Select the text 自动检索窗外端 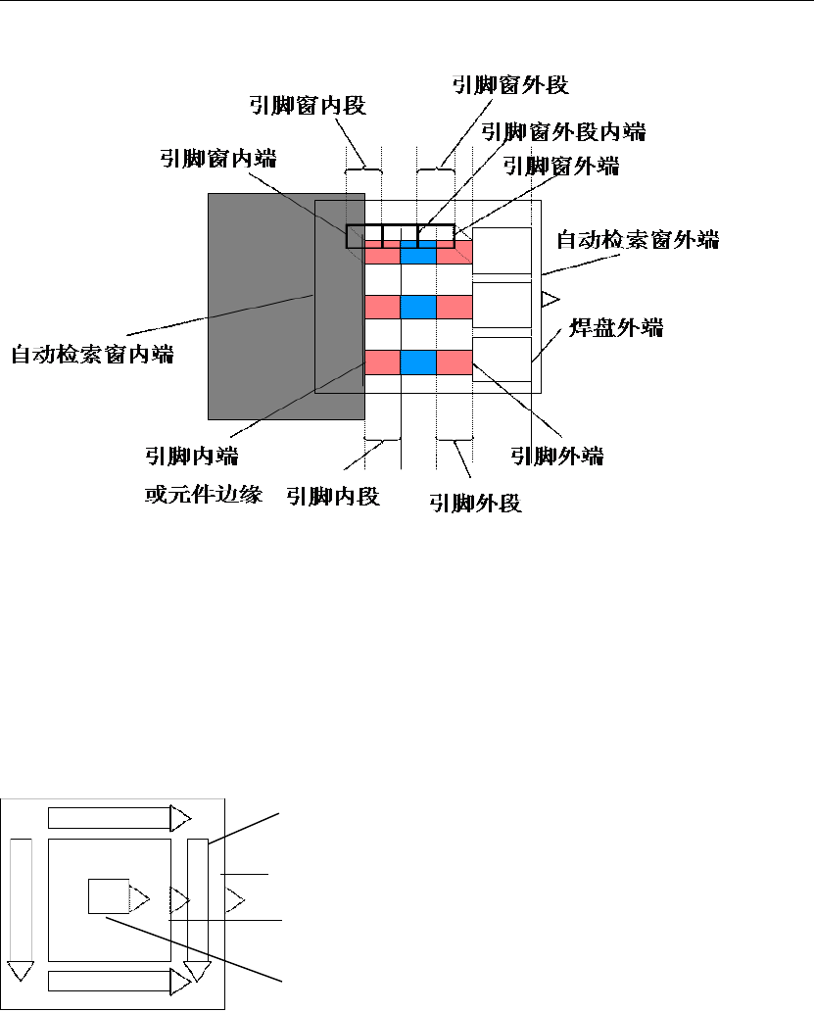pos(637,238)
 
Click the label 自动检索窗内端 pos(92,355)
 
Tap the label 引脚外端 pos(556,456)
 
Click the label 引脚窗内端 pos(218,159)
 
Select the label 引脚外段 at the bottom pos(475,504)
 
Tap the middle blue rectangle pos(418,307)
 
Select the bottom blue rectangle pos(418,361)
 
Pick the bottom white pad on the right pos(502,360)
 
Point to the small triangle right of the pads pos(550,297)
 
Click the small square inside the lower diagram pos(108,896)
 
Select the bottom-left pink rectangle pos(381,361)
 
